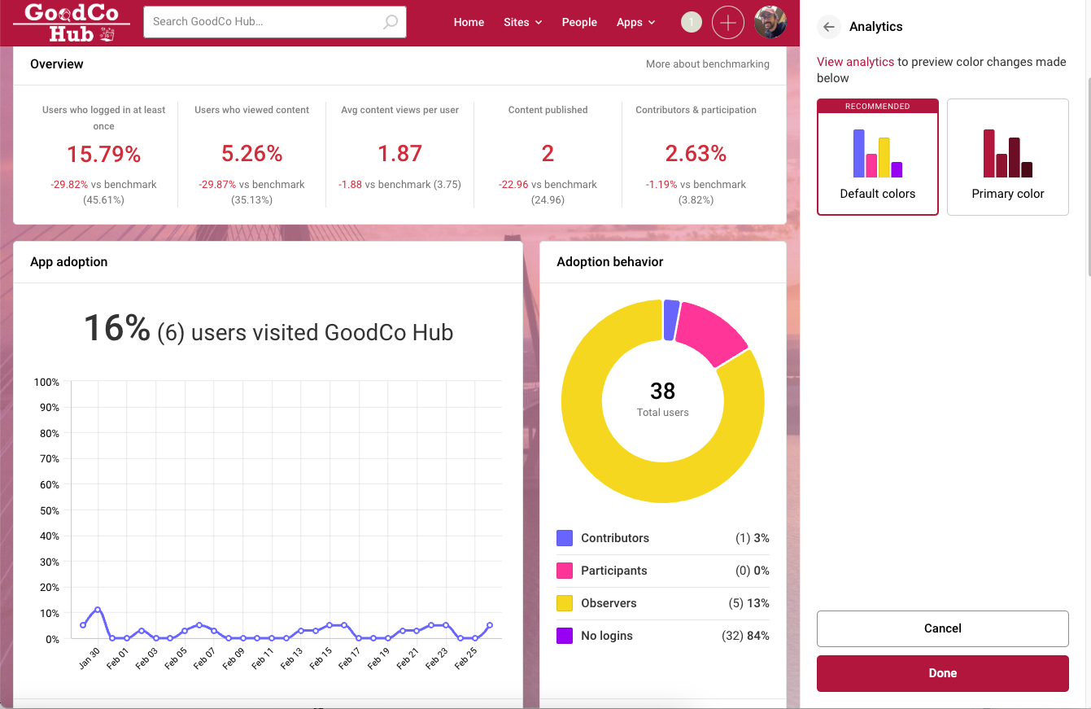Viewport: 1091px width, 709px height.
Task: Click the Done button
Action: pos(942,673)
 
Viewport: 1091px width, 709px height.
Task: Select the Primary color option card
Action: pos(1007,157)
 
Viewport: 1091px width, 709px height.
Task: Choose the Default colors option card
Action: pos(877,157)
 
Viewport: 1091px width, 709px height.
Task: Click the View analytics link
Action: pos(855,62)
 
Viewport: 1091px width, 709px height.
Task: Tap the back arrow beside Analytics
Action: pos(828,27)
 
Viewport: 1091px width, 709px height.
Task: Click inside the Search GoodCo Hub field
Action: pos(264,22)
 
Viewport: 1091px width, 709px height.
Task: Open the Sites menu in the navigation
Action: pos(522,22)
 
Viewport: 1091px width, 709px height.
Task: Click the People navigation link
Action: pos(579,22)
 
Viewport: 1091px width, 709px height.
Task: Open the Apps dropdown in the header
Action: pos(635,22)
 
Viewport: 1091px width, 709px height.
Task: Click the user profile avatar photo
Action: pos(770,22)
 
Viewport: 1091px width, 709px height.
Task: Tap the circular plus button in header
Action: pos(727,22)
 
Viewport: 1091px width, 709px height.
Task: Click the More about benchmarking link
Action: pos(707,63)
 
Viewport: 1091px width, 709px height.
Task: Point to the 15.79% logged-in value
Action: pos(103,154)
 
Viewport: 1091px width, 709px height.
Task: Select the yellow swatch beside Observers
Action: pos(565,603)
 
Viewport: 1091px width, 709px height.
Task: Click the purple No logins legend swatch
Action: pos(565,636)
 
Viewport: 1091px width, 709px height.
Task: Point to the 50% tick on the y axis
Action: pos(46,510)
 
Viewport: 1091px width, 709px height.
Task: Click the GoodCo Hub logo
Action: pos(72,22)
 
